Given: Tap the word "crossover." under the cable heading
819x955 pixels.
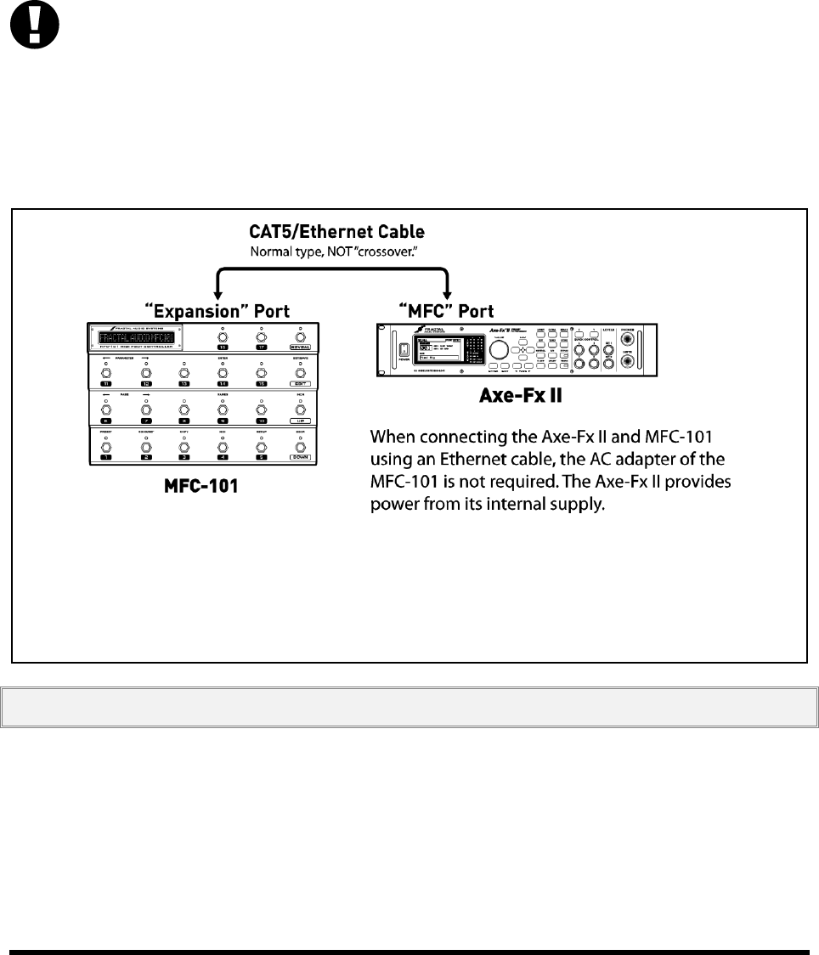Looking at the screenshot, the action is [x=387, y=251].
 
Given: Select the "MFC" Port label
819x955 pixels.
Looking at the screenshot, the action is [x=447, y=311].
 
